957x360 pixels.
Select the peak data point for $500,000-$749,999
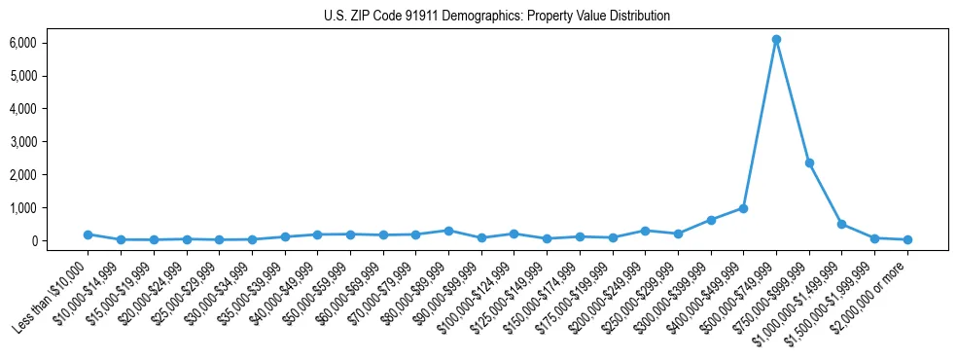tap(776, 40)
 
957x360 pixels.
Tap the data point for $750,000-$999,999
tap(809, 162)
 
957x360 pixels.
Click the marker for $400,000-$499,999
tap(743, 208)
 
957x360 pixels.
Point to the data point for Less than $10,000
tap(88, 234)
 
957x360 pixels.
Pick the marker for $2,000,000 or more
tap(907, 239)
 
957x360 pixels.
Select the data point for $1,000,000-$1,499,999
tap(842, 224)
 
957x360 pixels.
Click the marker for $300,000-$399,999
tap(711, 220)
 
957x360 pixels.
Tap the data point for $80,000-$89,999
tap(448, 231)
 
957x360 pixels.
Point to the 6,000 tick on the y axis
tap(23, 43)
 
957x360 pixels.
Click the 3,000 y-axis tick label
tap(23, 142)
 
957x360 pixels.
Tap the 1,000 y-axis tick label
tap(23, 208)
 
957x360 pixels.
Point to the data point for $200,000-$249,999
tap(645, 231)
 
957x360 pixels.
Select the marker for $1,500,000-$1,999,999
tap(874, 238)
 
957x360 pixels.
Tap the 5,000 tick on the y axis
tap(23, 76)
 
